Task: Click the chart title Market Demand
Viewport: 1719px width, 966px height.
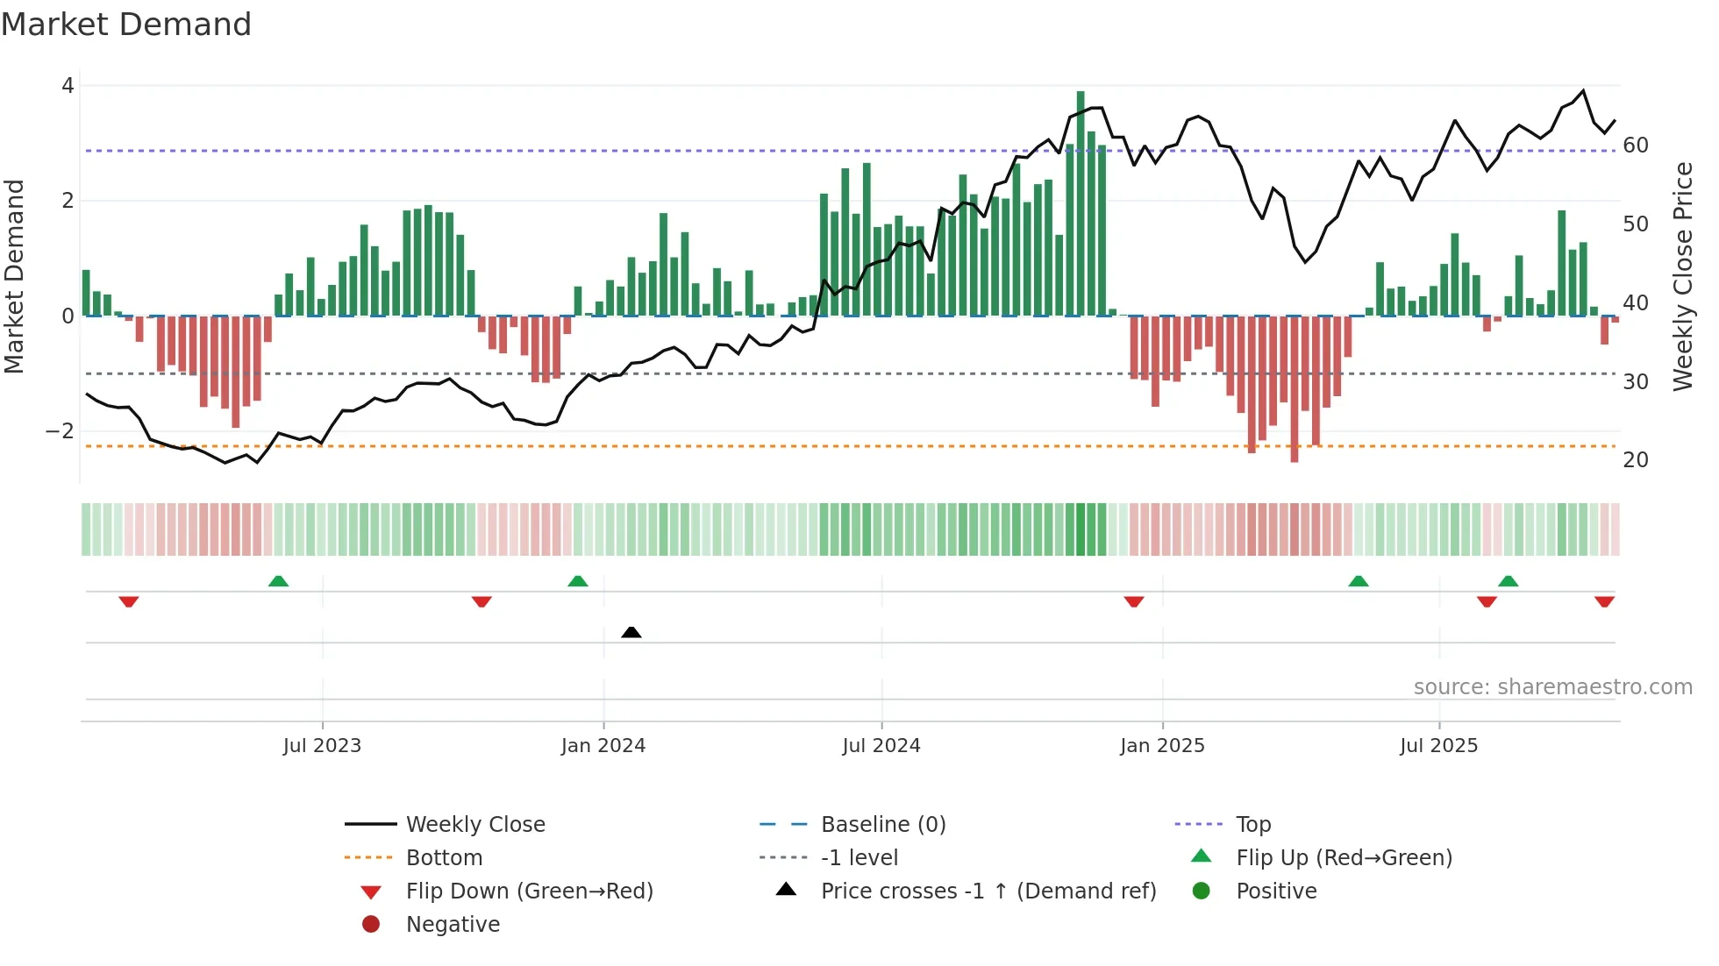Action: [126, 25]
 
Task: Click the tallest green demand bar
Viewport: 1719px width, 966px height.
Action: [1081, 202]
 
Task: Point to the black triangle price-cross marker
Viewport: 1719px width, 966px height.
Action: [631, 632]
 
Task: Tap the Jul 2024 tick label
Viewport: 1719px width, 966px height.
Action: [881, 746]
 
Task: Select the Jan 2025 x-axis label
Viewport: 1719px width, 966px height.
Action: [1162, 746]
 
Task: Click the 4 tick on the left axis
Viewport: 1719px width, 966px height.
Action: [68, 86]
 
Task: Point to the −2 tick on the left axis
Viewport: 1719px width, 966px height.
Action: [60, 431]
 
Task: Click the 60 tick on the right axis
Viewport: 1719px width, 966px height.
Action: [1636, 146]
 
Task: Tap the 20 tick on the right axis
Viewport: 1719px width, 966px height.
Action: [1636, 460]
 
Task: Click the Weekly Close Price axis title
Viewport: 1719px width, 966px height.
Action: [1682, 276]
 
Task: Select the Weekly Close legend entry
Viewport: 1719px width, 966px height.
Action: [474, 825]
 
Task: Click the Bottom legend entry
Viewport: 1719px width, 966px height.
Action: [444, 858]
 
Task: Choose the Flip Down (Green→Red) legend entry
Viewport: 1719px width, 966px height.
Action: [529, 891]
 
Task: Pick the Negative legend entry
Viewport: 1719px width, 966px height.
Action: [453, 925]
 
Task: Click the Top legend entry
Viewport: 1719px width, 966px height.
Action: [1253, 825]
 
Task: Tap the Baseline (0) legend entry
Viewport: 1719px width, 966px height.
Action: [883, 825]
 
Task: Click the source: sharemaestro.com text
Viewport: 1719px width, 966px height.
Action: [1552, 687]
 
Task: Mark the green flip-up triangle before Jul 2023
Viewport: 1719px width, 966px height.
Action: [278, 581]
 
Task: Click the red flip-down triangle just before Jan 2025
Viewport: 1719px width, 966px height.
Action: [1134, 601]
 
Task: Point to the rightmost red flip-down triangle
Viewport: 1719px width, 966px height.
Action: [1605, 601]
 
